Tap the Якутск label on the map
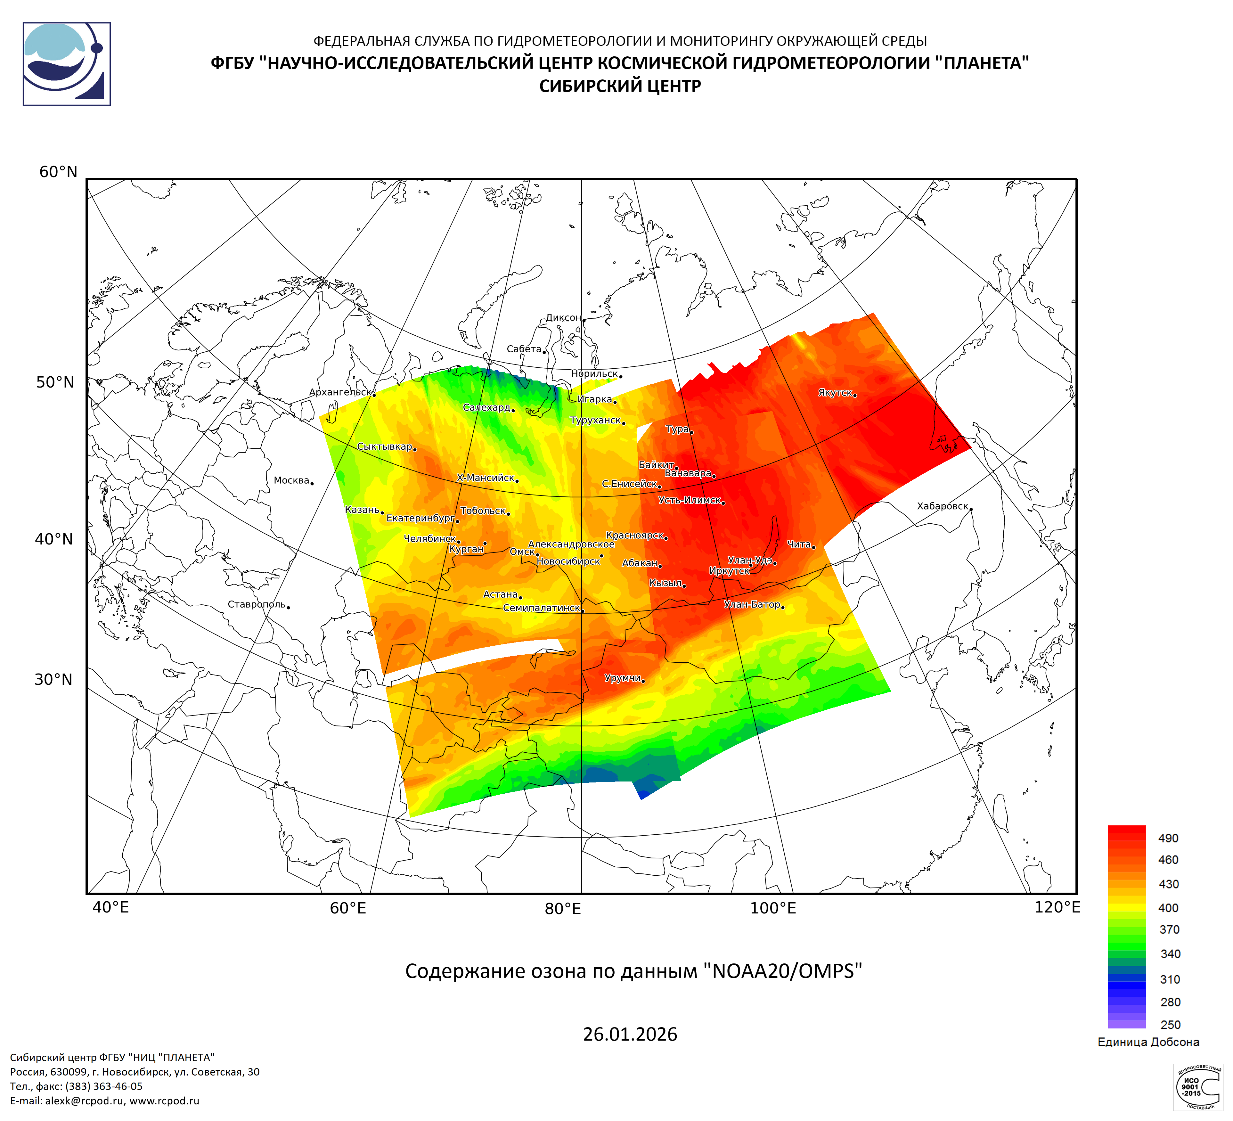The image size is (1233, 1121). [x=835, y=393]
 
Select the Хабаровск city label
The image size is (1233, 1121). [x=943, y=506]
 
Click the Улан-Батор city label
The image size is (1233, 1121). [x=752, y=605]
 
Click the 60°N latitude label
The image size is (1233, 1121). [x=58, y=172]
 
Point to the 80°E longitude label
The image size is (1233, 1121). [x=563, y=909]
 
